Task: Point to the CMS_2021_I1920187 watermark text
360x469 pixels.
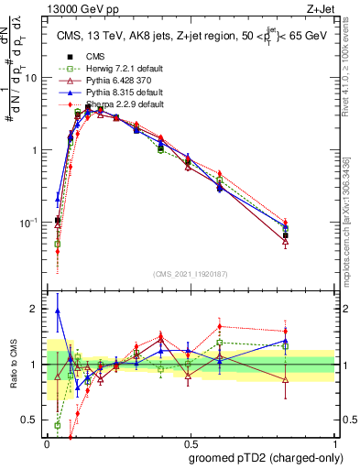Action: (x=191, y=274)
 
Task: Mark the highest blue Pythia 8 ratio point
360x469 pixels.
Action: (x=58, y=311)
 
